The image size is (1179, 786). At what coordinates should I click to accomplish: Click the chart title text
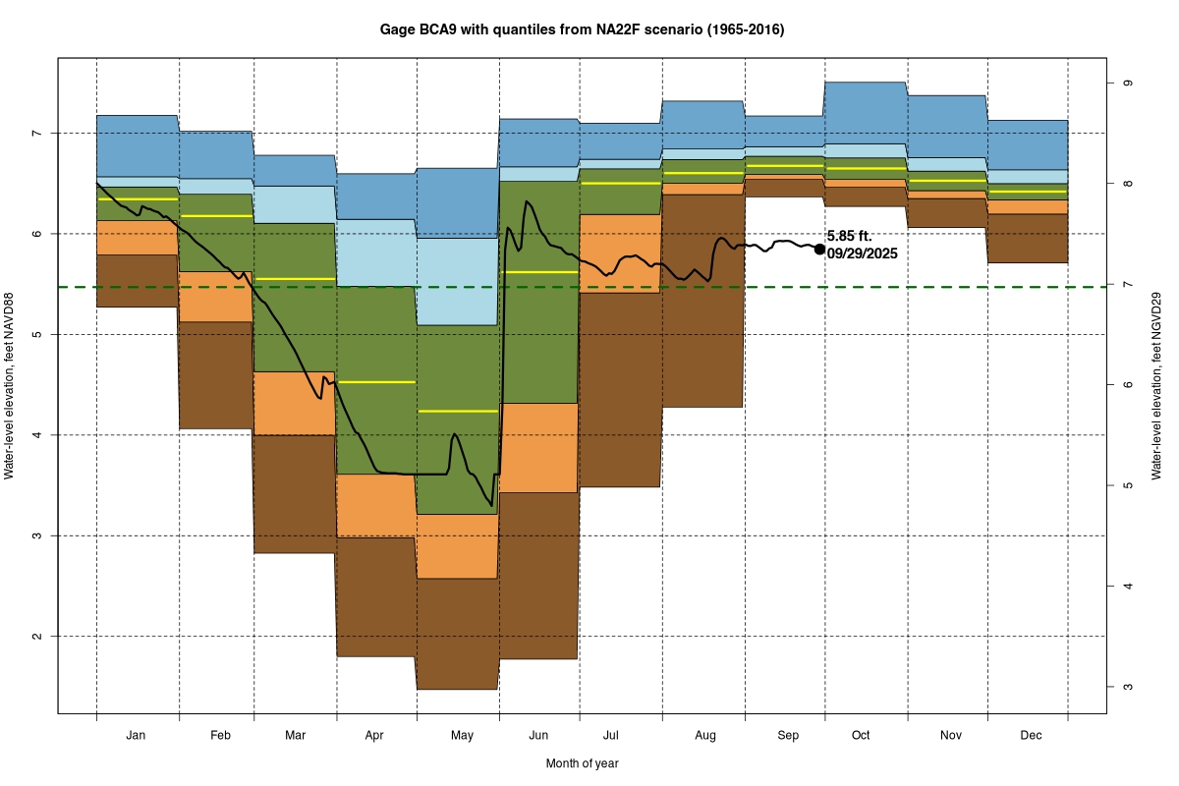click(x=582, y=30)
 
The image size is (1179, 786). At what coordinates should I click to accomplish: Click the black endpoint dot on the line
click(x=819, y=249)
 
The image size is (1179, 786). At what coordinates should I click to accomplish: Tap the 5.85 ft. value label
click(x=850, y=236)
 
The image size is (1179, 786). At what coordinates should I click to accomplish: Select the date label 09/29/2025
click(x=862, y=253)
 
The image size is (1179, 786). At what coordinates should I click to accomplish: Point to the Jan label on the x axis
click(x=137, y=735)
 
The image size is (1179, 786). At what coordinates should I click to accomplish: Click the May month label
click(x=462, y=735)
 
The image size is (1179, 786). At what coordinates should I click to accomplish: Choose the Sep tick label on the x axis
click(x=788, y=735)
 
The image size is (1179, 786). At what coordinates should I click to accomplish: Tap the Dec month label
click(x=1032, y=735)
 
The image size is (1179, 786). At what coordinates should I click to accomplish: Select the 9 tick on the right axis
click(x=1127, y=83)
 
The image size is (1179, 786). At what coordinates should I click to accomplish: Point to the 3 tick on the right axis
click(x=1127, y=687)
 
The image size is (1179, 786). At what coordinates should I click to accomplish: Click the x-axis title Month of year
click(x=582, y=762)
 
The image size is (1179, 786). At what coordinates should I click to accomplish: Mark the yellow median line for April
click(x=376, y=382)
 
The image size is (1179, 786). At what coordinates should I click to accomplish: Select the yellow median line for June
click(x=538, y=271)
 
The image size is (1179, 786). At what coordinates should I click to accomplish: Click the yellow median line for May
click(x=458, y=411)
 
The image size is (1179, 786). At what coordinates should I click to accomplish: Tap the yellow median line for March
click(x=295, y=279)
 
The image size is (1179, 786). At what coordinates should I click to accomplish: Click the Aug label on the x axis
click(x=705, y=735)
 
